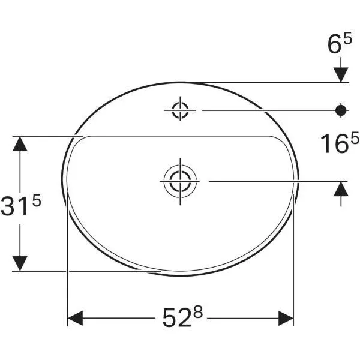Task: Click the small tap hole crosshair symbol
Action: point(180,110)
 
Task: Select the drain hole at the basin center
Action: point(179,179)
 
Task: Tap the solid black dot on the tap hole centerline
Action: point(341,110)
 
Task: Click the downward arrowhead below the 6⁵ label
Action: point(341,73)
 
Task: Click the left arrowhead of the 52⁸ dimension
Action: point(74,317)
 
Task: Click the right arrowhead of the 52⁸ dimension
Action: point(286,317)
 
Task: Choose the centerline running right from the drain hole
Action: point(270,179)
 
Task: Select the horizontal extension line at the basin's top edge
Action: point(270,82)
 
